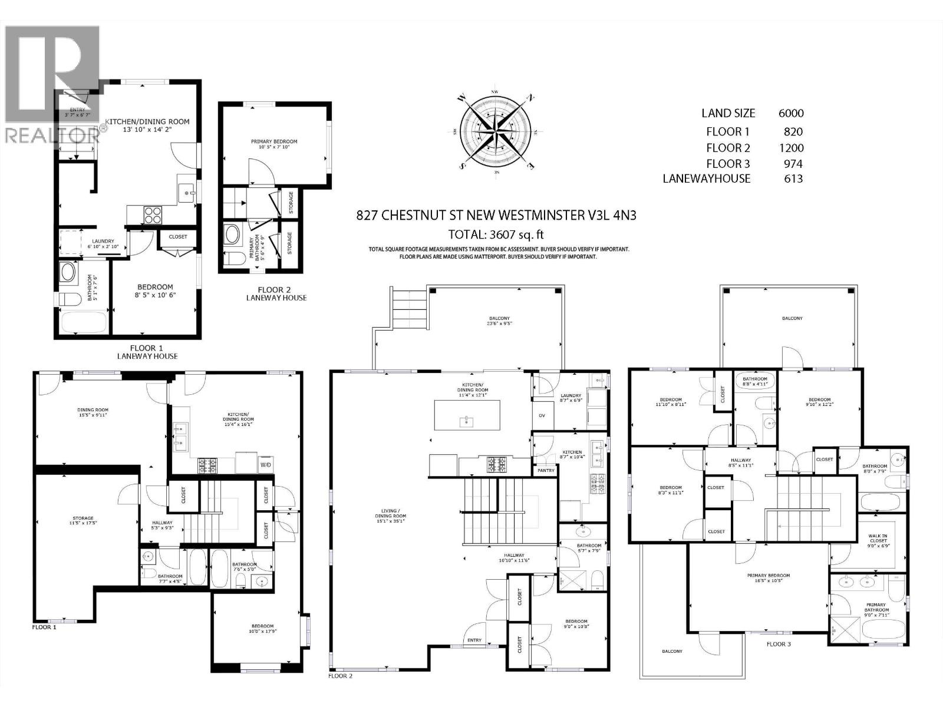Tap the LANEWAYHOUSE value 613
(793, 179)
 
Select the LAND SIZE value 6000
(791, 114)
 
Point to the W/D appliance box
(266, 465)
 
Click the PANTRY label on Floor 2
(546, 470)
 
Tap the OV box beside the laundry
(542, 415)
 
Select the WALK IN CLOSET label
(878, 538)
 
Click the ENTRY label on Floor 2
(474, 640)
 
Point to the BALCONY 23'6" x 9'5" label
(499, 321)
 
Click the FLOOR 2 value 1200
(790, 148)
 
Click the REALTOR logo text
(52, 135)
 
